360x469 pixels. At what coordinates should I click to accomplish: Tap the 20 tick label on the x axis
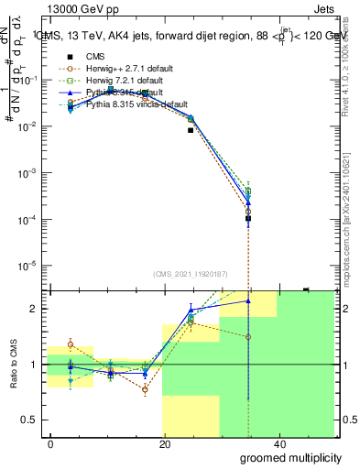point(165,443)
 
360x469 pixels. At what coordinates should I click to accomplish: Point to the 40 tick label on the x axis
point(278,443)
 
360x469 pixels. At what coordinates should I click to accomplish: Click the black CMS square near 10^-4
point(248,218)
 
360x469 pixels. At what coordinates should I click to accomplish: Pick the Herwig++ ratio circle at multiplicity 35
point(248,336)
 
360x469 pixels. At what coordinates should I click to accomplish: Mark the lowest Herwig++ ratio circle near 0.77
point(145,389)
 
